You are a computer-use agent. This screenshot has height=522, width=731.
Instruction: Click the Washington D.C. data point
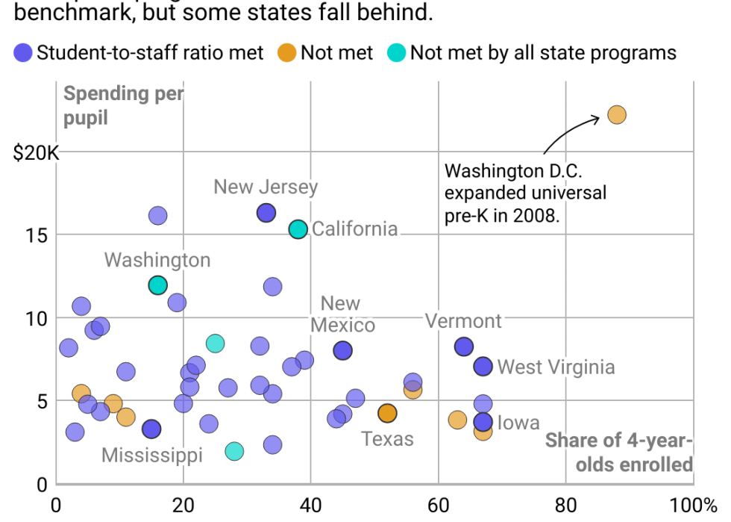pos(616,114)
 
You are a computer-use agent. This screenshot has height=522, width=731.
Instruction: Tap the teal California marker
pos(298,229)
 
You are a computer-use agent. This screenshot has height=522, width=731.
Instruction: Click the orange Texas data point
pos(387,413)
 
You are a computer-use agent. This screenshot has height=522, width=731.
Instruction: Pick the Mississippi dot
pos(151,429)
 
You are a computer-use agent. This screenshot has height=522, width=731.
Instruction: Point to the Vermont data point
pos(464,347)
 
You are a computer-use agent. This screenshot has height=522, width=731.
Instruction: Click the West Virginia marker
pos(483,366)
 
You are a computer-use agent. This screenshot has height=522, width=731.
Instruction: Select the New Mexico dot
pos(342,350)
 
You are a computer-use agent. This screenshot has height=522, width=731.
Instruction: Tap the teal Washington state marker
pos(157,285)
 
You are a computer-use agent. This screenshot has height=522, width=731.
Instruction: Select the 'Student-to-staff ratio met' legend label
pos(149,53)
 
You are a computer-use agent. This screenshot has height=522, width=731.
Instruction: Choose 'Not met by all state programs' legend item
pos(542,53)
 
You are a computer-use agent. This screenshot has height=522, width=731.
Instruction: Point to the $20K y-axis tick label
pos(34,154)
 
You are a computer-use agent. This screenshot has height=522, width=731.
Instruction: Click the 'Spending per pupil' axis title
pos(123,105)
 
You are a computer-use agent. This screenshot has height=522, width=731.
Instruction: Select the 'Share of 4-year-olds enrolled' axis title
pos(618,452)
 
